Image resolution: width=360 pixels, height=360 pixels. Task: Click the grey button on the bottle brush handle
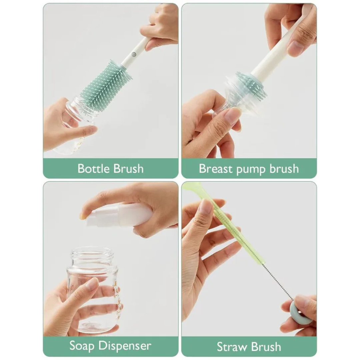coord(134,54)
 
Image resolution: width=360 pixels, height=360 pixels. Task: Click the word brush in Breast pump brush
coord(284,169)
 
